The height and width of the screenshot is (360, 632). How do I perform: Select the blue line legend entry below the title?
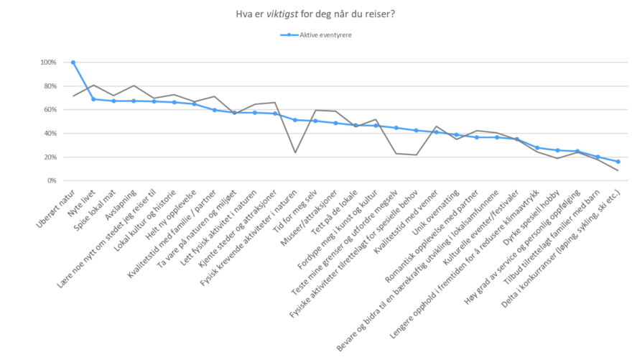click(315, 34)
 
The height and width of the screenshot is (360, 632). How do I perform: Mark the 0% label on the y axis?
click(52, 181)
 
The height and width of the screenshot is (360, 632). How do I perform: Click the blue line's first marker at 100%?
click(73, 63)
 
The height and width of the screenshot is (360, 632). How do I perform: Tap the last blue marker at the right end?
click(618, 162)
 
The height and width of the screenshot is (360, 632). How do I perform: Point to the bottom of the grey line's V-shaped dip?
click(295, 152)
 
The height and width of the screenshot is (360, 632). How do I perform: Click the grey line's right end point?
click(618, 170)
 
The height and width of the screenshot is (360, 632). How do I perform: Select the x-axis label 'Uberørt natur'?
click(57, 205)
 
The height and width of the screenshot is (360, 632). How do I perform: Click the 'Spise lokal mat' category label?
click(93, 208)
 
